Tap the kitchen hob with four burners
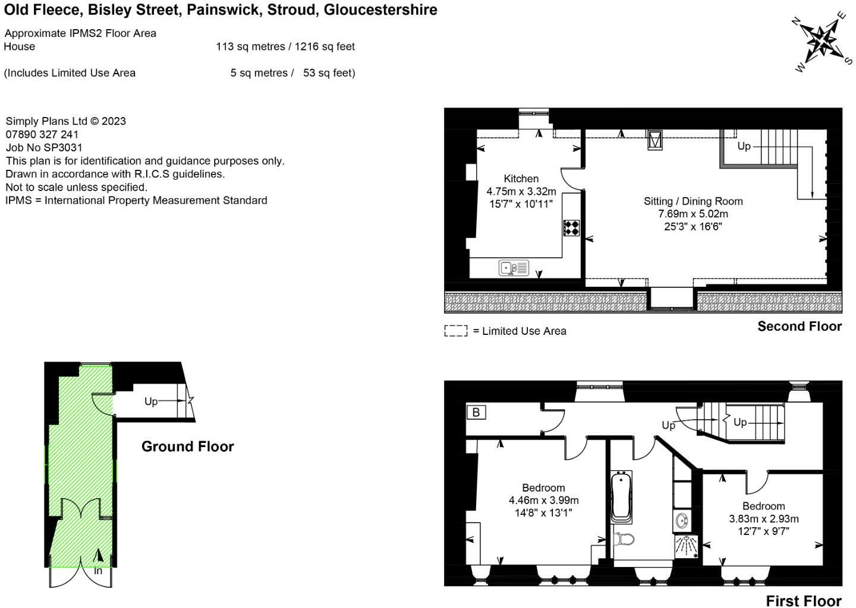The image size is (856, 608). point(571,228)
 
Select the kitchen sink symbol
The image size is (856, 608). point(514,268)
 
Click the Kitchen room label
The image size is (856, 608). point(521,179)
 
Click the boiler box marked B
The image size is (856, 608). point(476,412)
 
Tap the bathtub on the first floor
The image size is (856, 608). point(621,497)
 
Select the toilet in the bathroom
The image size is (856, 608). point(624,540)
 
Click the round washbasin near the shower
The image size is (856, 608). point(682,521)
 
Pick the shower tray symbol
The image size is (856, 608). point(687,547)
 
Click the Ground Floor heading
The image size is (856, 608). point(188,446)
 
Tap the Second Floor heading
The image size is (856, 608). point(800,327)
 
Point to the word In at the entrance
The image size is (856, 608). point(98,571)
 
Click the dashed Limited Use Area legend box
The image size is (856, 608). point(456,331)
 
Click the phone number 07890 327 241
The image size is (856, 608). point(42,134)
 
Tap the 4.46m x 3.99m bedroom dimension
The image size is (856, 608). point(543,500)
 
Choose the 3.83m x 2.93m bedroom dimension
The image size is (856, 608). point(763,519)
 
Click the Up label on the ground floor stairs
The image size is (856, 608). point(151,402)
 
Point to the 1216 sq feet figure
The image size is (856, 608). point(325,46)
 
